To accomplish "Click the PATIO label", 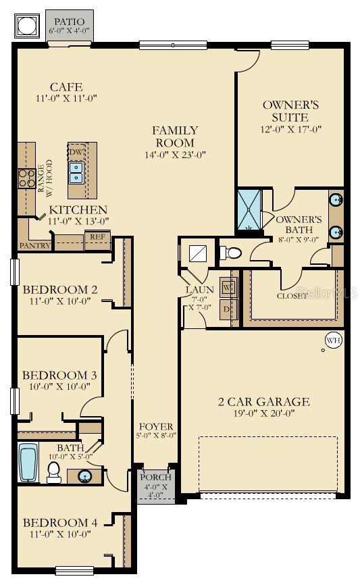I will (x=70, y=22).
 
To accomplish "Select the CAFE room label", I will (x=66, y=87).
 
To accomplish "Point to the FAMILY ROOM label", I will (x=175, y=136).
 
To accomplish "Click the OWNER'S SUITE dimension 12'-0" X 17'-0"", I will (x=290, y=129).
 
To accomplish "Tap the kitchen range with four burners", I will (x=26, y=178).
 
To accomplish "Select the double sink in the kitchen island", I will (x=76, y=174).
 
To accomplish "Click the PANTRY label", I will (x=34, y=246).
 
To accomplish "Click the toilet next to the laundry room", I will (x=231, y=253).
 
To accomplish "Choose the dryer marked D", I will (x=228, y=309).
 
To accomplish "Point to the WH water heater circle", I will (x=333, y=341).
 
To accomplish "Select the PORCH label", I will (x=156, y=478).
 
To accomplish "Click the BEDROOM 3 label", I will (x=55, y=375).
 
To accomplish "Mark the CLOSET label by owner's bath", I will (x=293, y=296).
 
